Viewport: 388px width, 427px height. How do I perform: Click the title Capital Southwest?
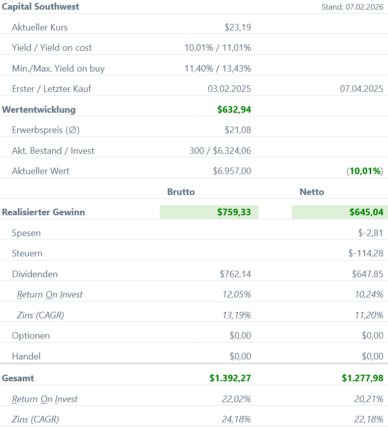pos(41,7)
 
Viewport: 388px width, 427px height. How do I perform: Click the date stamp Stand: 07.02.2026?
pos(352,7)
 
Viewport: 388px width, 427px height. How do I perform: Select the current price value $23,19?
pos(237,27)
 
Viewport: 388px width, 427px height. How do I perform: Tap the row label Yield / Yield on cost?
pos(52,48)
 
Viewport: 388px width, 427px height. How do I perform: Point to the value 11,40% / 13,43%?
pos(218,69)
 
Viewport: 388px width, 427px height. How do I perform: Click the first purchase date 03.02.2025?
pos(229,89)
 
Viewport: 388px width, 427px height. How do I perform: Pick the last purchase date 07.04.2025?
pos(361,89)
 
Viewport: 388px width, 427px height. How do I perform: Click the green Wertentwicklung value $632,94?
pos(234,110)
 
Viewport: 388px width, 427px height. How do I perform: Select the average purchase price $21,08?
pos(237,130)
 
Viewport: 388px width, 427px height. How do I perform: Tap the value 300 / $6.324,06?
pos(220,151)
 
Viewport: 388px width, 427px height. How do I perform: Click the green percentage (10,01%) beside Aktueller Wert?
pos(365,171)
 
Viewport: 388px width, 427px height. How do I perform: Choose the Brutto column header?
pos(181,192)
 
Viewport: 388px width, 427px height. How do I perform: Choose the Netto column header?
pos(312,192)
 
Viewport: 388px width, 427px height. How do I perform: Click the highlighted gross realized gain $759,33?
pos(234,212)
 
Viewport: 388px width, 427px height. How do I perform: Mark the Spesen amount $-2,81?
pos(370,233)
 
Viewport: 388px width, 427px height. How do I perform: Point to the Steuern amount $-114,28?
pos(366,253)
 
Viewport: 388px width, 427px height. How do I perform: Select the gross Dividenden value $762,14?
pos(235,274)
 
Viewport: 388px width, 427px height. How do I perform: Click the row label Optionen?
pos(31,336)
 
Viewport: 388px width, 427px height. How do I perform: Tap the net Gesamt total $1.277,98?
pos(362,378)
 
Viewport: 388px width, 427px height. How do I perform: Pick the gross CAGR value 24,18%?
pos(236,419)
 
